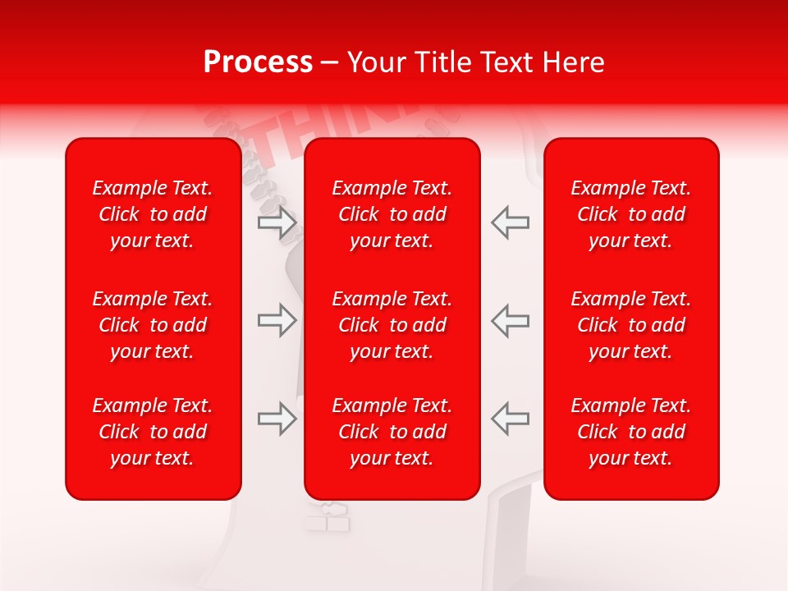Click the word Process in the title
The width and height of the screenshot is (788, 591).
[258, 62]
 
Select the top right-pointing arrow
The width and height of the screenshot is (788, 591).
[277, 222]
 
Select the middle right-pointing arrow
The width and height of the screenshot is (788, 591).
[277, 320]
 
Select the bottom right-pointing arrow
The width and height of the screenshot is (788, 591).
[277, 419]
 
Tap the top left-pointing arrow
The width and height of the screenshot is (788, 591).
[510, 222]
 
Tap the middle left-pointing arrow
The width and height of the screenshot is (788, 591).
[510, 320]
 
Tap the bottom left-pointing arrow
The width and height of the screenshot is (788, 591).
[510, 419]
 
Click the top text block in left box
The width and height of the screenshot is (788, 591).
[153, 214]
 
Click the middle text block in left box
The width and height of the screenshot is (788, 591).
[153, 325]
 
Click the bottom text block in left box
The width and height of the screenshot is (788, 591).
[153, 432]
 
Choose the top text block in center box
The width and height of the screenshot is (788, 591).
[392, 214]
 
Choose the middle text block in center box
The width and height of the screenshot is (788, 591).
[392, 325]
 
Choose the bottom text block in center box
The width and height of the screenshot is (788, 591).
[392, 432]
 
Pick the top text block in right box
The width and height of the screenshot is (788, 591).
[631, 214]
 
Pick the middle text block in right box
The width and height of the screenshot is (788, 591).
[631, 325]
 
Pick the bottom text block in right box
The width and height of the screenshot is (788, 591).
[631, 432]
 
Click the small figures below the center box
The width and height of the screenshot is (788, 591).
[328, 517]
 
